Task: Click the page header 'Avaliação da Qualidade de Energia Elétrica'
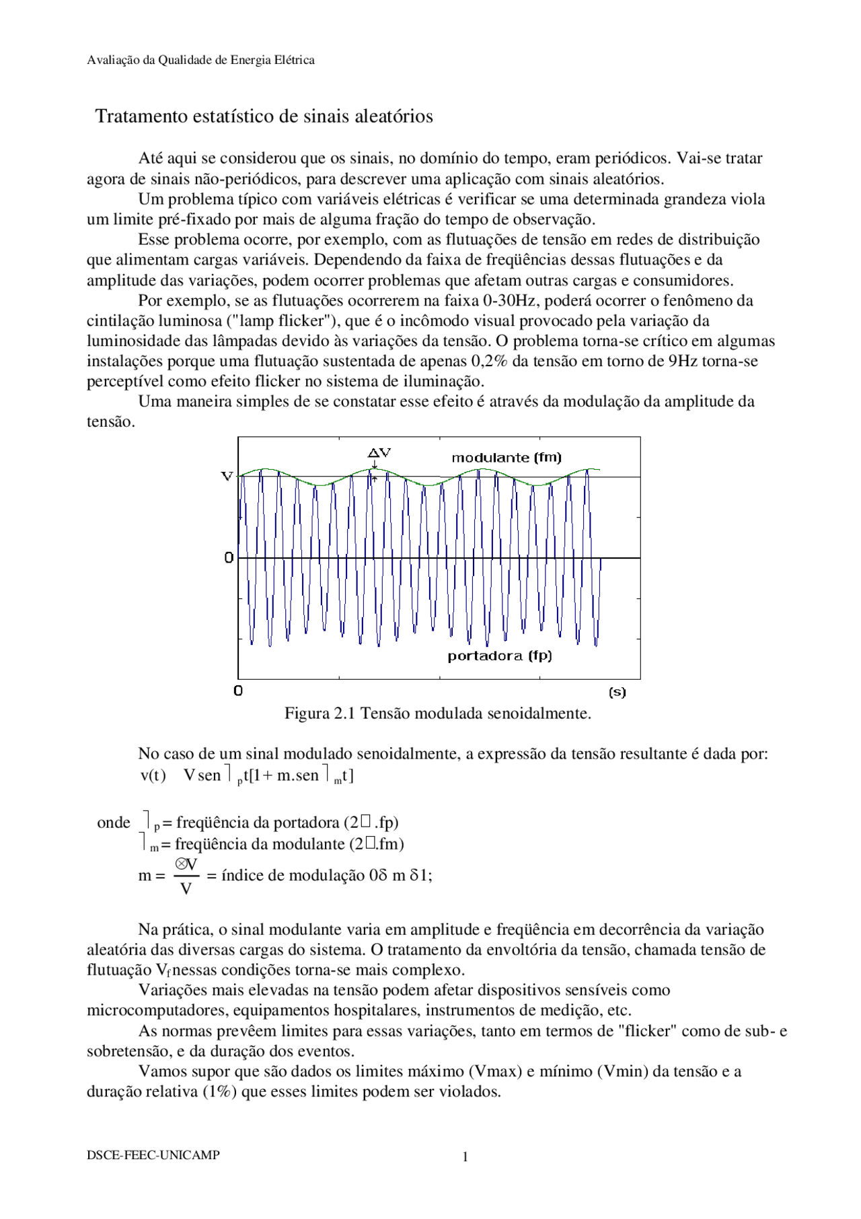(x=200, y=60)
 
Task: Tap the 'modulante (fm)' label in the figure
(x=506, y=458)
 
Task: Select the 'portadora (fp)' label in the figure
(x=499, y=656)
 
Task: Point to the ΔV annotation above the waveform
(x=379, y=453)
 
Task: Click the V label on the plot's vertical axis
(x=227, y=477)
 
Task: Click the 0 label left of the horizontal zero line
(x=229, y=558)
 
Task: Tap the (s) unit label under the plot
(x=616, y=692)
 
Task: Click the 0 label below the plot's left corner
(x=237, y=691)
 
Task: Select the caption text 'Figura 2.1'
(x=320, y=713)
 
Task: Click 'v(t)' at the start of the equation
(x=153, y=775)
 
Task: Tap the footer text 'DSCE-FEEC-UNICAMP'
(x=153, y=1155)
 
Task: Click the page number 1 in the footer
(x=465, y=1157)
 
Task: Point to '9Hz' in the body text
(x=682, y=361)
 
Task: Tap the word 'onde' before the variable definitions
(x=114, y=823)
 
